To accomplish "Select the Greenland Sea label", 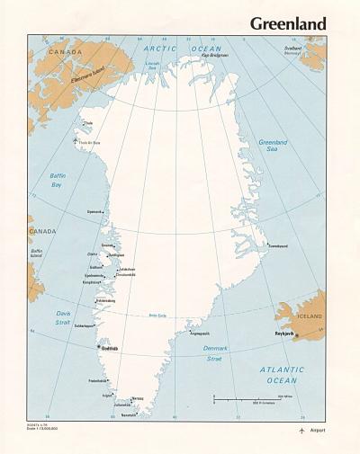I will click(272, 146).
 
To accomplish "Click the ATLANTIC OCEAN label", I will click(281, 374).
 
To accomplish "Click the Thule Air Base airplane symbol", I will click(75, 140).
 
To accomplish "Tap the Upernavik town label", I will click(94, 212).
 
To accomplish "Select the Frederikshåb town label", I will click(97, 380).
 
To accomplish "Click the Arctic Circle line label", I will click(158, 316).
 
